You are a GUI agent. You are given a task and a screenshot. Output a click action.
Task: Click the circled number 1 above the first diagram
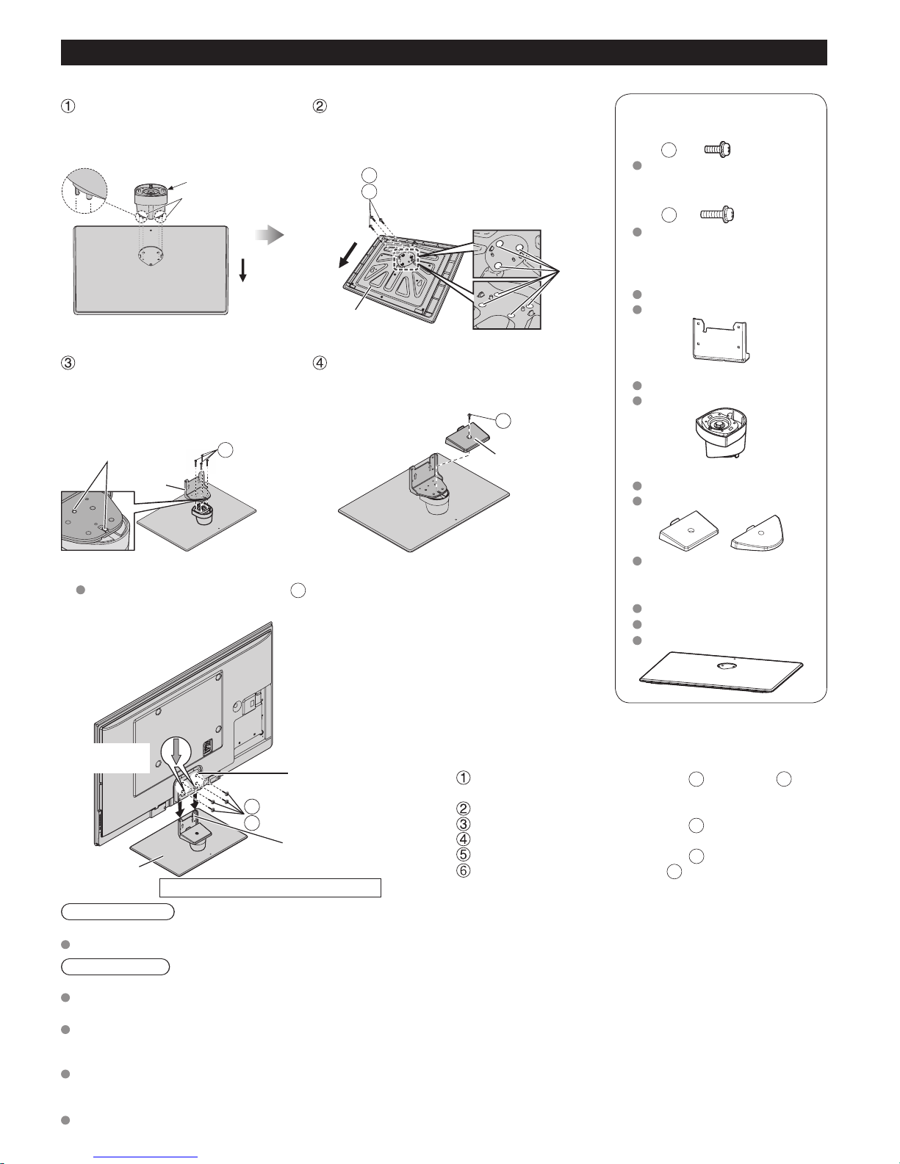(68, 106)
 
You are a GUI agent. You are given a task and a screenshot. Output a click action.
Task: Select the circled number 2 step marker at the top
(320, 106)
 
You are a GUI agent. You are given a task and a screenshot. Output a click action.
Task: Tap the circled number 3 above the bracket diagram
(68, 363)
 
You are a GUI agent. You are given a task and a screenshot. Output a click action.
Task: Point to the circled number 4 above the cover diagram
(320, 363)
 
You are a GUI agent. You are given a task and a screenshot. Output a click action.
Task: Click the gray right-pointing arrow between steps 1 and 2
(269, 234)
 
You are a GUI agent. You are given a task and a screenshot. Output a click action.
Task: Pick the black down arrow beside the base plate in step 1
(242, 270)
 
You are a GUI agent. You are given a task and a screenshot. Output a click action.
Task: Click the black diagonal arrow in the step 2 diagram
(347, 254)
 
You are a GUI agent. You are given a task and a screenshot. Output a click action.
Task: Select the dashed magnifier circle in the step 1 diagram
(84, 191)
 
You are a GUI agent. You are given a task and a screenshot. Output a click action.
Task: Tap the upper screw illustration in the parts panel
(718, 150)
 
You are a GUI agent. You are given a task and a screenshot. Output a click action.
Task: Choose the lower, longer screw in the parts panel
(717, 214)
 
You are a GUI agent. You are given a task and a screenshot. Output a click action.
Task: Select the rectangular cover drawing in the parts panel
(688, 531)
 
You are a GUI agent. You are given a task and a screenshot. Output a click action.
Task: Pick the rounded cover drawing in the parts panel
(757, 533)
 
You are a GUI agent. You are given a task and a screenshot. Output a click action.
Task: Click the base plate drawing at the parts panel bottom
(721, 673)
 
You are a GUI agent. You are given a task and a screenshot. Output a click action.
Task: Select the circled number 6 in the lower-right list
(463, 870)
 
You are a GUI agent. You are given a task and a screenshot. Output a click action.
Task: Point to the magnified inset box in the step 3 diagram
(98, 520)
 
